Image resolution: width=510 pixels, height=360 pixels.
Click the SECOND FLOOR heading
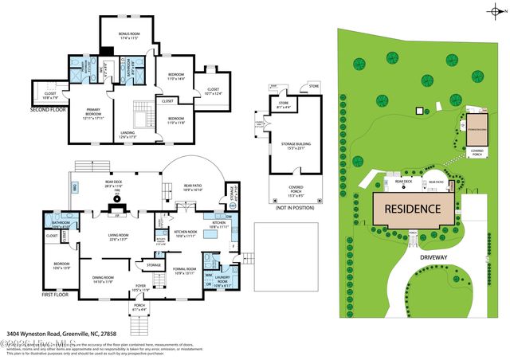click(48, 109)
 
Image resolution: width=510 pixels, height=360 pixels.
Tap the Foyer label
click(141, 289)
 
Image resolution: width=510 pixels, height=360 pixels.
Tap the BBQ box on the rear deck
click(76, 188)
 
